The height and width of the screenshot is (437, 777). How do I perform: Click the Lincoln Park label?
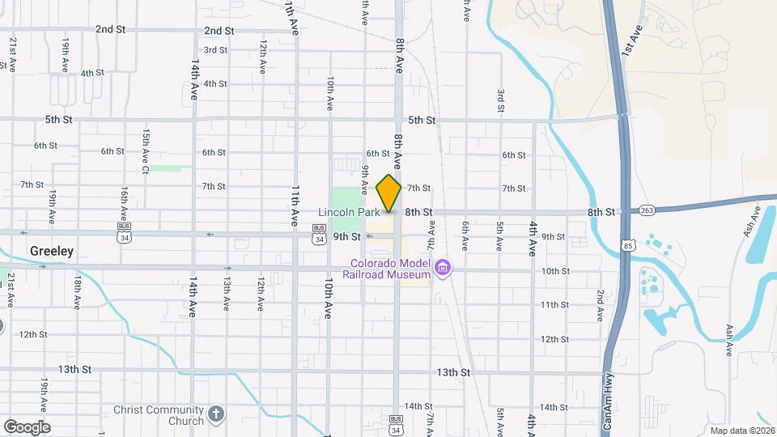point(349,212)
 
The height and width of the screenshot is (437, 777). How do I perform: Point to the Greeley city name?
point(52,251)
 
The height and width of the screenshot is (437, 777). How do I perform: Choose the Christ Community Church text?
point(159,415)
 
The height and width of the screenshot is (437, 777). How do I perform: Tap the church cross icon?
point(215,414)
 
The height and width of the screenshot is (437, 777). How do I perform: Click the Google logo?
point(27,426)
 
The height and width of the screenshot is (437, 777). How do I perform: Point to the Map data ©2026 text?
point(741,431)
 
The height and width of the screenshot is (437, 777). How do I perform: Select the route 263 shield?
point(646,210)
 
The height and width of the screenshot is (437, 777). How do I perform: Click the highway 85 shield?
point(628,244)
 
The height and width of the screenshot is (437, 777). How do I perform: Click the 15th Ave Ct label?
point(146,151)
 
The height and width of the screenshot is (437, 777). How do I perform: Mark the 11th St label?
point(554,305)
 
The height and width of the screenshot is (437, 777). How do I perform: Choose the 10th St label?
point(554,271)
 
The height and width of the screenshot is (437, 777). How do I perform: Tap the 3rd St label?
point(215,49)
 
